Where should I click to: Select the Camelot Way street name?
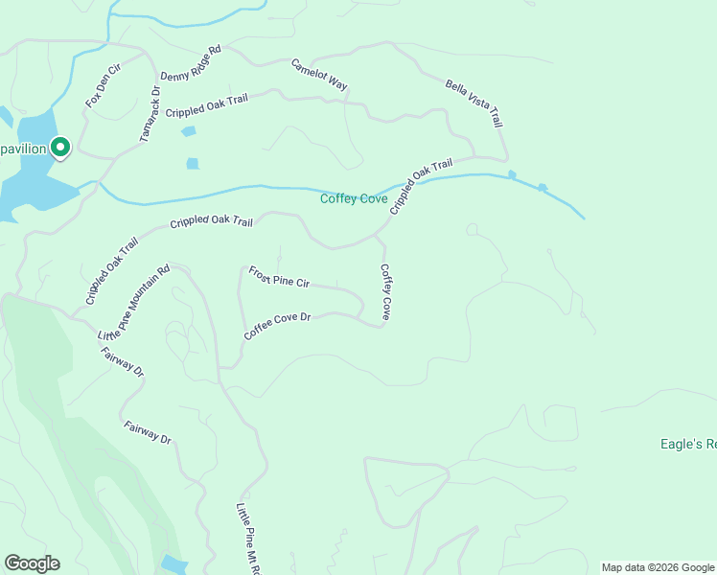[319, 75]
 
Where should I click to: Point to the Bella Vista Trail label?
[474, 103]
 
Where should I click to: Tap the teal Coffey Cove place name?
[354, 199]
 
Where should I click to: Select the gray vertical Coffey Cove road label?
[385, 292]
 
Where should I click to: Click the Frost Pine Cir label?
[279, 278]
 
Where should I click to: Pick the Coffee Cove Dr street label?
[278, 326]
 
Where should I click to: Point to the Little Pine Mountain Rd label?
[133, 303]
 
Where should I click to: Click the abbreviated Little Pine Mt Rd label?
[247, 537]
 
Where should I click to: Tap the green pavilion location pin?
[60, 148]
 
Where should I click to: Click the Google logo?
[32, 563]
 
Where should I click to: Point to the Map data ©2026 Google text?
[658, 567]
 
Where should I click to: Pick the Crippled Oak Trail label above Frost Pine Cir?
[211, 222]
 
